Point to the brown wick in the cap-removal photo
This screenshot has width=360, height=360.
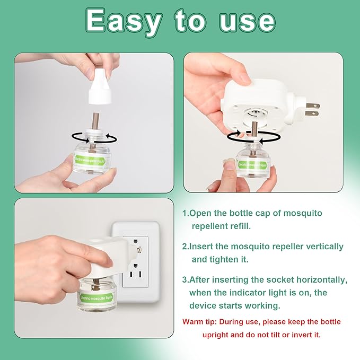95,121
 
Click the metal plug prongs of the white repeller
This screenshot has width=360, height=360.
313,110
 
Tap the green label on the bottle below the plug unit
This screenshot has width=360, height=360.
252,164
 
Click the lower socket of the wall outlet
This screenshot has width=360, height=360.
136,273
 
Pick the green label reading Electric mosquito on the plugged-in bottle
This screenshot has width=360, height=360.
96,297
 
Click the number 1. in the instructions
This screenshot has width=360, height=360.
185,213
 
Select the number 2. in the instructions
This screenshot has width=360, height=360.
186,247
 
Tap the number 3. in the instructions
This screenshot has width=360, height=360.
186,279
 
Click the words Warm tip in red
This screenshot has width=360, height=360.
199,322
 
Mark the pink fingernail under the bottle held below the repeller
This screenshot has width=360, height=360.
230,164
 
